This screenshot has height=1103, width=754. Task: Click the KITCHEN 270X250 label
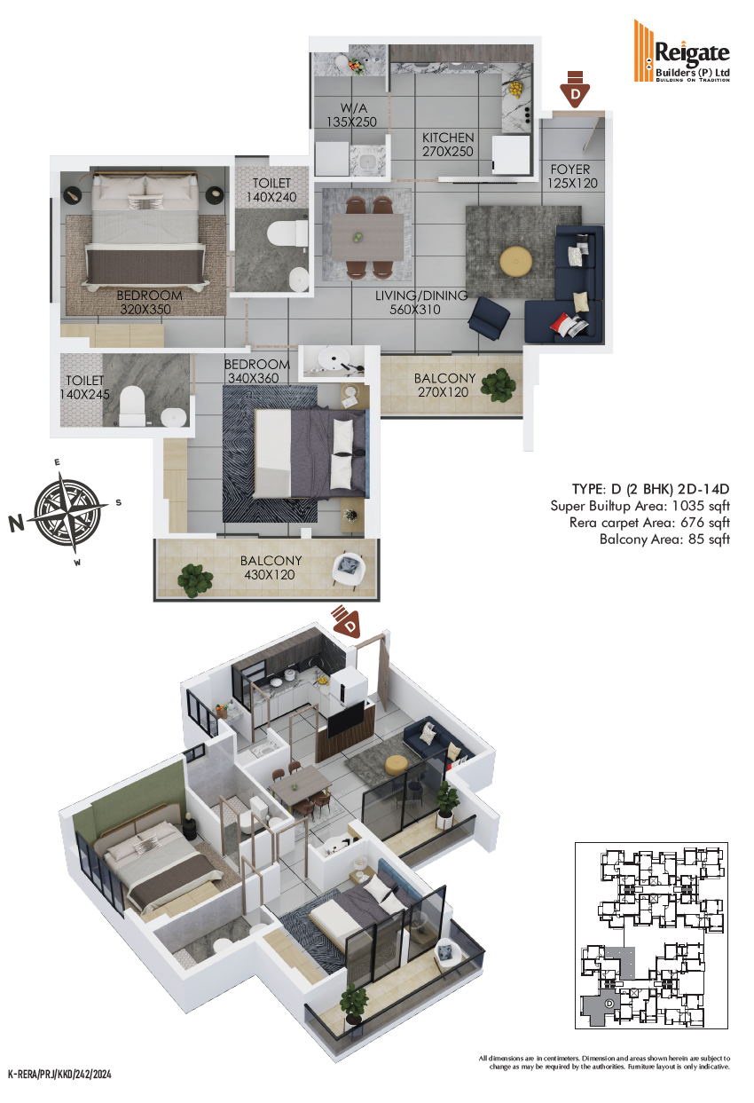tap(448, 145)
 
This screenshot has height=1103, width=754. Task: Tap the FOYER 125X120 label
tap(572, 177)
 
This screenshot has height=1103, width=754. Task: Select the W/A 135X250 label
tap(352, 115)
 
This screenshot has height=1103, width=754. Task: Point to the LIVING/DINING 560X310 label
tap(421, 303)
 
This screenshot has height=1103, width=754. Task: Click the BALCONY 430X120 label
tap(271, 568)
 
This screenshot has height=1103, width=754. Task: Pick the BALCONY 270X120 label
tap(444, 385)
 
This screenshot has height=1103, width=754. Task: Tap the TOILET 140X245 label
tap(84, 387)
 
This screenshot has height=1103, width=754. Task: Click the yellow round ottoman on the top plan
tap(515, 261)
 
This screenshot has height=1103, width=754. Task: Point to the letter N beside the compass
tap(16, 523)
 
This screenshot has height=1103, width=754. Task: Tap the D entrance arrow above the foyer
tap(575, 89)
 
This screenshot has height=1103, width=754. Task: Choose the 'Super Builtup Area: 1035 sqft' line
tap(640, 506)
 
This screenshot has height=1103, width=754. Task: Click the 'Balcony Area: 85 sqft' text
tap(664, 540)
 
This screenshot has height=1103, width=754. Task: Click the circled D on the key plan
tap(609, 1003)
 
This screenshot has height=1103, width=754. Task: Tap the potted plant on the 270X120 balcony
tap(499, 384)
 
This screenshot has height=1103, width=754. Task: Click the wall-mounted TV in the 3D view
tap(344, 720)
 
